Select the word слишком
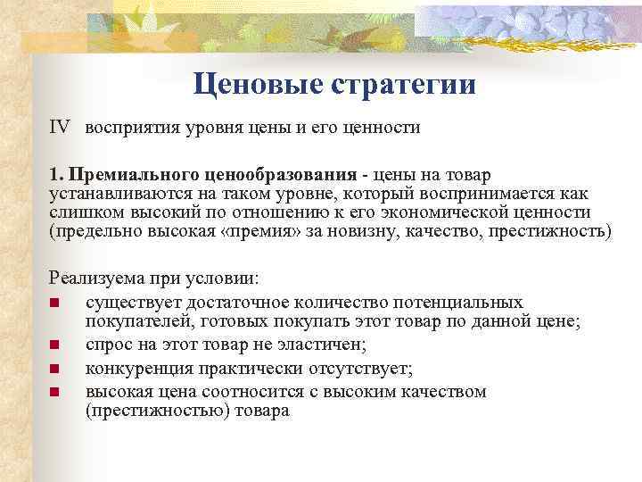tap(85, 212)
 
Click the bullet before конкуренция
tap(54, 368)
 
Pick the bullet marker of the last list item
tap(54, 392)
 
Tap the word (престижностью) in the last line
tap(157, 411)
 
